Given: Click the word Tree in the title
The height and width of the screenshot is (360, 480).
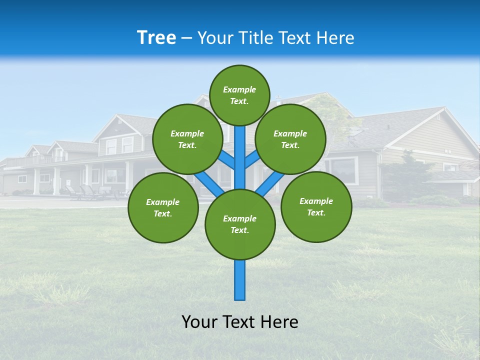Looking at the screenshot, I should (x=156, y=38).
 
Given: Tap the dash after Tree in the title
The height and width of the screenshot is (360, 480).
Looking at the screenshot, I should (x=186, y=38).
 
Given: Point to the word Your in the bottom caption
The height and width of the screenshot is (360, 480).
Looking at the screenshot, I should (x=200, y=322).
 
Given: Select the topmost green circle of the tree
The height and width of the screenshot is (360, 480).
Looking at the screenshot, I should (x=239, y=95).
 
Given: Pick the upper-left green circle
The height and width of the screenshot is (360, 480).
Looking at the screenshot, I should (x=187, y=139).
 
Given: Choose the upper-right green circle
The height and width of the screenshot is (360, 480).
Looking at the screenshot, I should (x=290, y=139).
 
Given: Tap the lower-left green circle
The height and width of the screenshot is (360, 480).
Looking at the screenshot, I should (x=163, y=207).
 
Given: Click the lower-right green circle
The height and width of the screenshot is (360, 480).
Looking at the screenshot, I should (x=316, y=206).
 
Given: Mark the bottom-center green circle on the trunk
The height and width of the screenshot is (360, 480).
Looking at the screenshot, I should (x=240, y=224).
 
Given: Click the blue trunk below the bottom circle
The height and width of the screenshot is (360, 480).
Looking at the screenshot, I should (x=240, y=280).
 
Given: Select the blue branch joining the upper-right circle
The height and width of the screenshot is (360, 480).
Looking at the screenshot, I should (x=252, y=160).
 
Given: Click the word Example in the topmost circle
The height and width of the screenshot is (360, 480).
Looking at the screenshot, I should (x=239, y=89).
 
